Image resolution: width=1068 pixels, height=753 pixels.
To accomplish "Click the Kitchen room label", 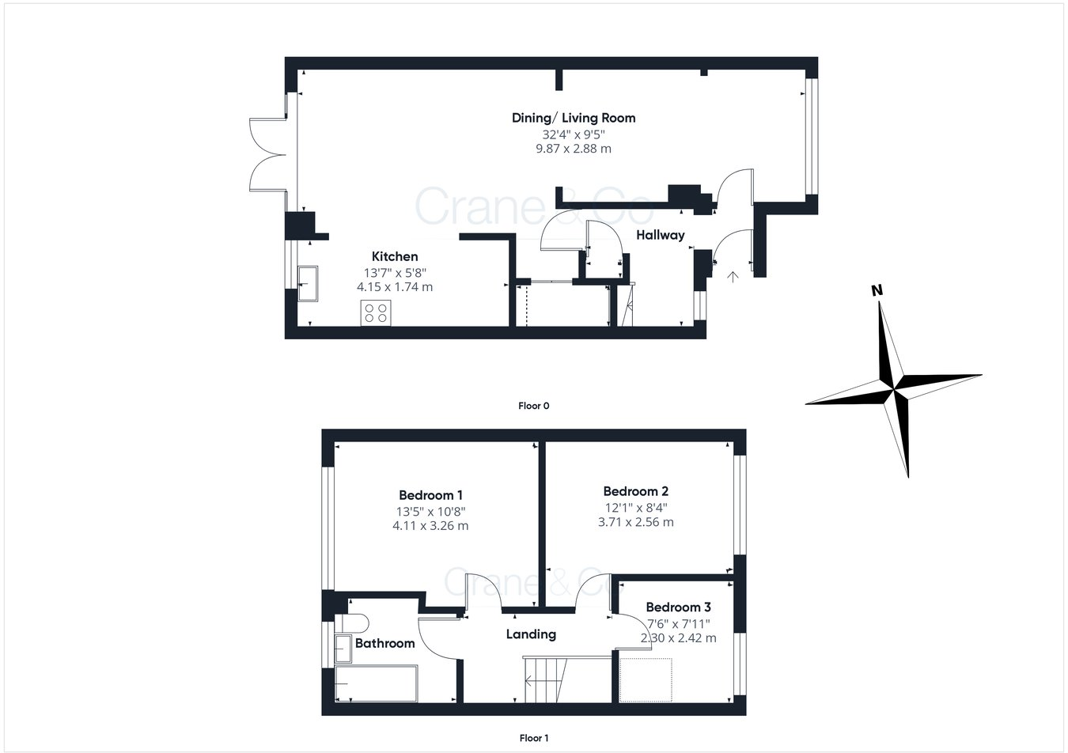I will pos(395,256).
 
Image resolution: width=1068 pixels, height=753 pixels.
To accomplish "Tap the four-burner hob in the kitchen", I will pos(376,313).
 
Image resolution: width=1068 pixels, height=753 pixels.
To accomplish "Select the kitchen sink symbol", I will pos(308,283).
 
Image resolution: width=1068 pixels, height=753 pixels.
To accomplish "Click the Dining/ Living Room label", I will pos(573,118).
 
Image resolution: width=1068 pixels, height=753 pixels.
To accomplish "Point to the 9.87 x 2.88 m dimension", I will pos(573,149).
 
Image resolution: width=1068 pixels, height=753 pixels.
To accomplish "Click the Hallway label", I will pos(660,235).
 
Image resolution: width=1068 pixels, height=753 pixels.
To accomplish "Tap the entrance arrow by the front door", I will pos(733,277).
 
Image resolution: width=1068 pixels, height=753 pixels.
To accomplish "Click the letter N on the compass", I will pos(876,290).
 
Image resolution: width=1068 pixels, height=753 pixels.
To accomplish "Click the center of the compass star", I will pos(896,388).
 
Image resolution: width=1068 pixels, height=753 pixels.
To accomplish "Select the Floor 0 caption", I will pos(533,406).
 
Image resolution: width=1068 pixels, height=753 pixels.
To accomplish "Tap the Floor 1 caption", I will pos(533,738).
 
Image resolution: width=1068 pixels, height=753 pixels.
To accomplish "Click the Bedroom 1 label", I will pos(430,495).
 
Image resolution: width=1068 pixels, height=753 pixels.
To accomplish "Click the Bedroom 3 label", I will pos(678,607).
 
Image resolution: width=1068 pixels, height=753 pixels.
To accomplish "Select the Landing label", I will pos(531,634).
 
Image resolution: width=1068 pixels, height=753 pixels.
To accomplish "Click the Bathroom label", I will pos(384,643).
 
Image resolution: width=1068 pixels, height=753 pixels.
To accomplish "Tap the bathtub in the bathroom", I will pos(376,683).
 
